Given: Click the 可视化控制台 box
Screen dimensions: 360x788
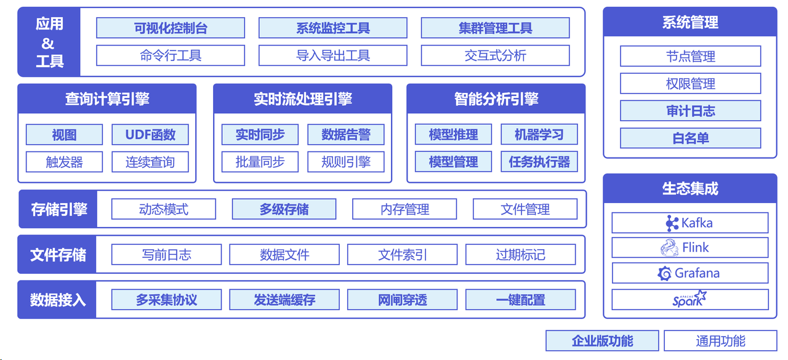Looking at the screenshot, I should (x=171, y=28).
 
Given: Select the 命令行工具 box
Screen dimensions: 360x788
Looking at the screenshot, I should (x=171, y=55).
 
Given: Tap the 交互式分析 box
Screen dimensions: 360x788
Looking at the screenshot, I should (x=495, y=55).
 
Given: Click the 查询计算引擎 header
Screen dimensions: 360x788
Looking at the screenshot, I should (x=107, y=99).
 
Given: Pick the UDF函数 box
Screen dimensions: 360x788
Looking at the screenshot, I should (x=150, y=135).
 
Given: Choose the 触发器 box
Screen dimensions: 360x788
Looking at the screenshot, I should (x=64, y=162).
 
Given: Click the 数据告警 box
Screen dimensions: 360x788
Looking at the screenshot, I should (x=346, y=135).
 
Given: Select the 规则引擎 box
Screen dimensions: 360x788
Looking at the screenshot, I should (x=346, y=162).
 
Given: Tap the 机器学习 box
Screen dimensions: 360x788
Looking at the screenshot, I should (x=539, y=135).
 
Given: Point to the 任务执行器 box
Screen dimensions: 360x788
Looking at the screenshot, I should (x=539, y=162).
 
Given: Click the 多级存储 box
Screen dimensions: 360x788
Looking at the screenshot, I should (x=284, y=209).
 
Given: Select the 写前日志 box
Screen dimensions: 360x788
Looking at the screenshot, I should (x=166, y=255).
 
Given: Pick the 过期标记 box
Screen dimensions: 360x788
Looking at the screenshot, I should (x=520, y=255).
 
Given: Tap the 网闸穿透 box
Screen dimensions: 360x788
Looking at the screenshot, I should (x=402, y=300).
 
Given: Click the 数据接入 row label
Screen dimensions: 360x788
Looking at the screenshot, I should (x=57, y=300).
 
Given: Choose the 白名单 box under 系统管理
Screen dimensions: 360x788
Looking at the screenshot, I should (x=690, y=138).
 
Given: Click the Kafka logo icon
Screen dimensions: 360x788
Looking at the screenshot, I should (x=672, y=223).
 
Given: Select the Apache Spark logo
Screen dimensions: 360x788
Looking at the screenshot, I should (x=689, y=300).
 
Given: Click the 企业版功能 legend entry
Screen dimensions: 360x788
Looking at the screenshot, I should (x=602, y=341).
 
